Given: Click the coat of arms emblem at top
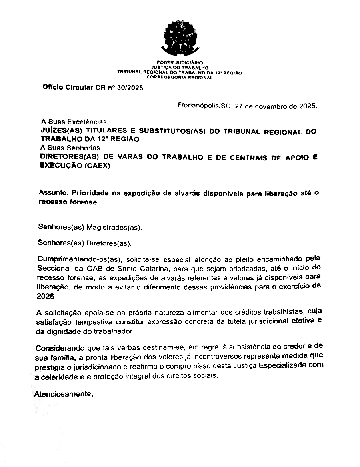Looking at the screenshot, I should point(179,39).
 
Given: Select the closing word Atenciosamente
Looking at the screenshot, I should point(63,393).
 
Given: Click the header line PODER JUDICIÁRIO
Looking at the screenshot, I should point(180,62).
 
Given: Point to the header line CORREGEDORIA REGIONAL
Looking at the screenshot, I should point(180,77).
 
